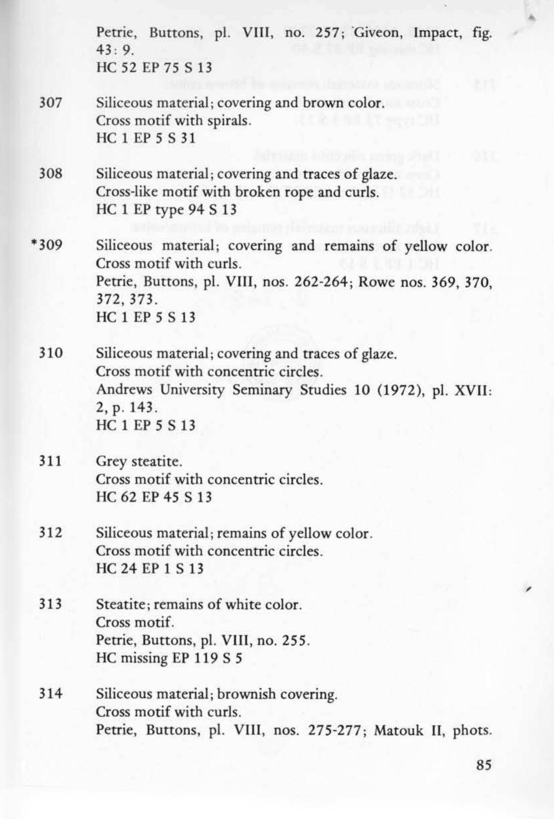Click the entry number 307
point(50,103)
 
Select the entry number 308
point(50,174)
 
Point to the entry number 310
point(50,352)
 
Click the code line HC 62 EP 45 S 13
point(154,497)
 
